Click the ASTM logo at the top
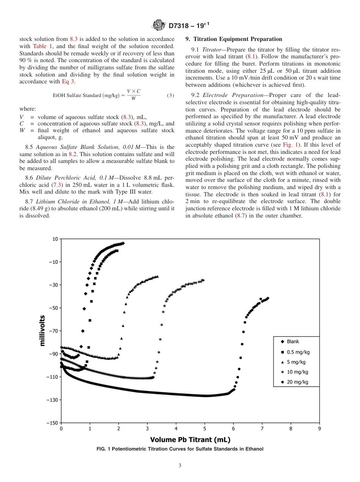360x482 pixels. coord(158,25)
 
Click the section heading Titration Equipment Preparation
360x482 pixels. coord(233,39)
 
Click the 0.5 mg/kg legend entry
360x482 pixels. coord(298,352)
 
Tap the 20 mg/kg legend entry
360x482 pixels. coord(297,382)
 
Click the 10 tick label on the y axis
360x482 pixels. coord(55,239)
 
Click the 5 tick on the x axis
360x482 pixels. coord(205,429)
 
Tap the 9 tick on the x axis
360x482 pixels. coord(319,429)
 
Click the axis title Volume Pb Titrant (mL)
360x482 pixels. coord(190,440)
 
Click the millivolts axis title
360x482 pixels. coord(42,330)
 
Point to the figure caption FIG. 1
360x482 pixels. coord(180,449)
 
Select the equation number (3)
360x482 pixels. coord(171,95)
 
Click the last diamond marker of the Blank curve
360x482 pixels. coord(123,243)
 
